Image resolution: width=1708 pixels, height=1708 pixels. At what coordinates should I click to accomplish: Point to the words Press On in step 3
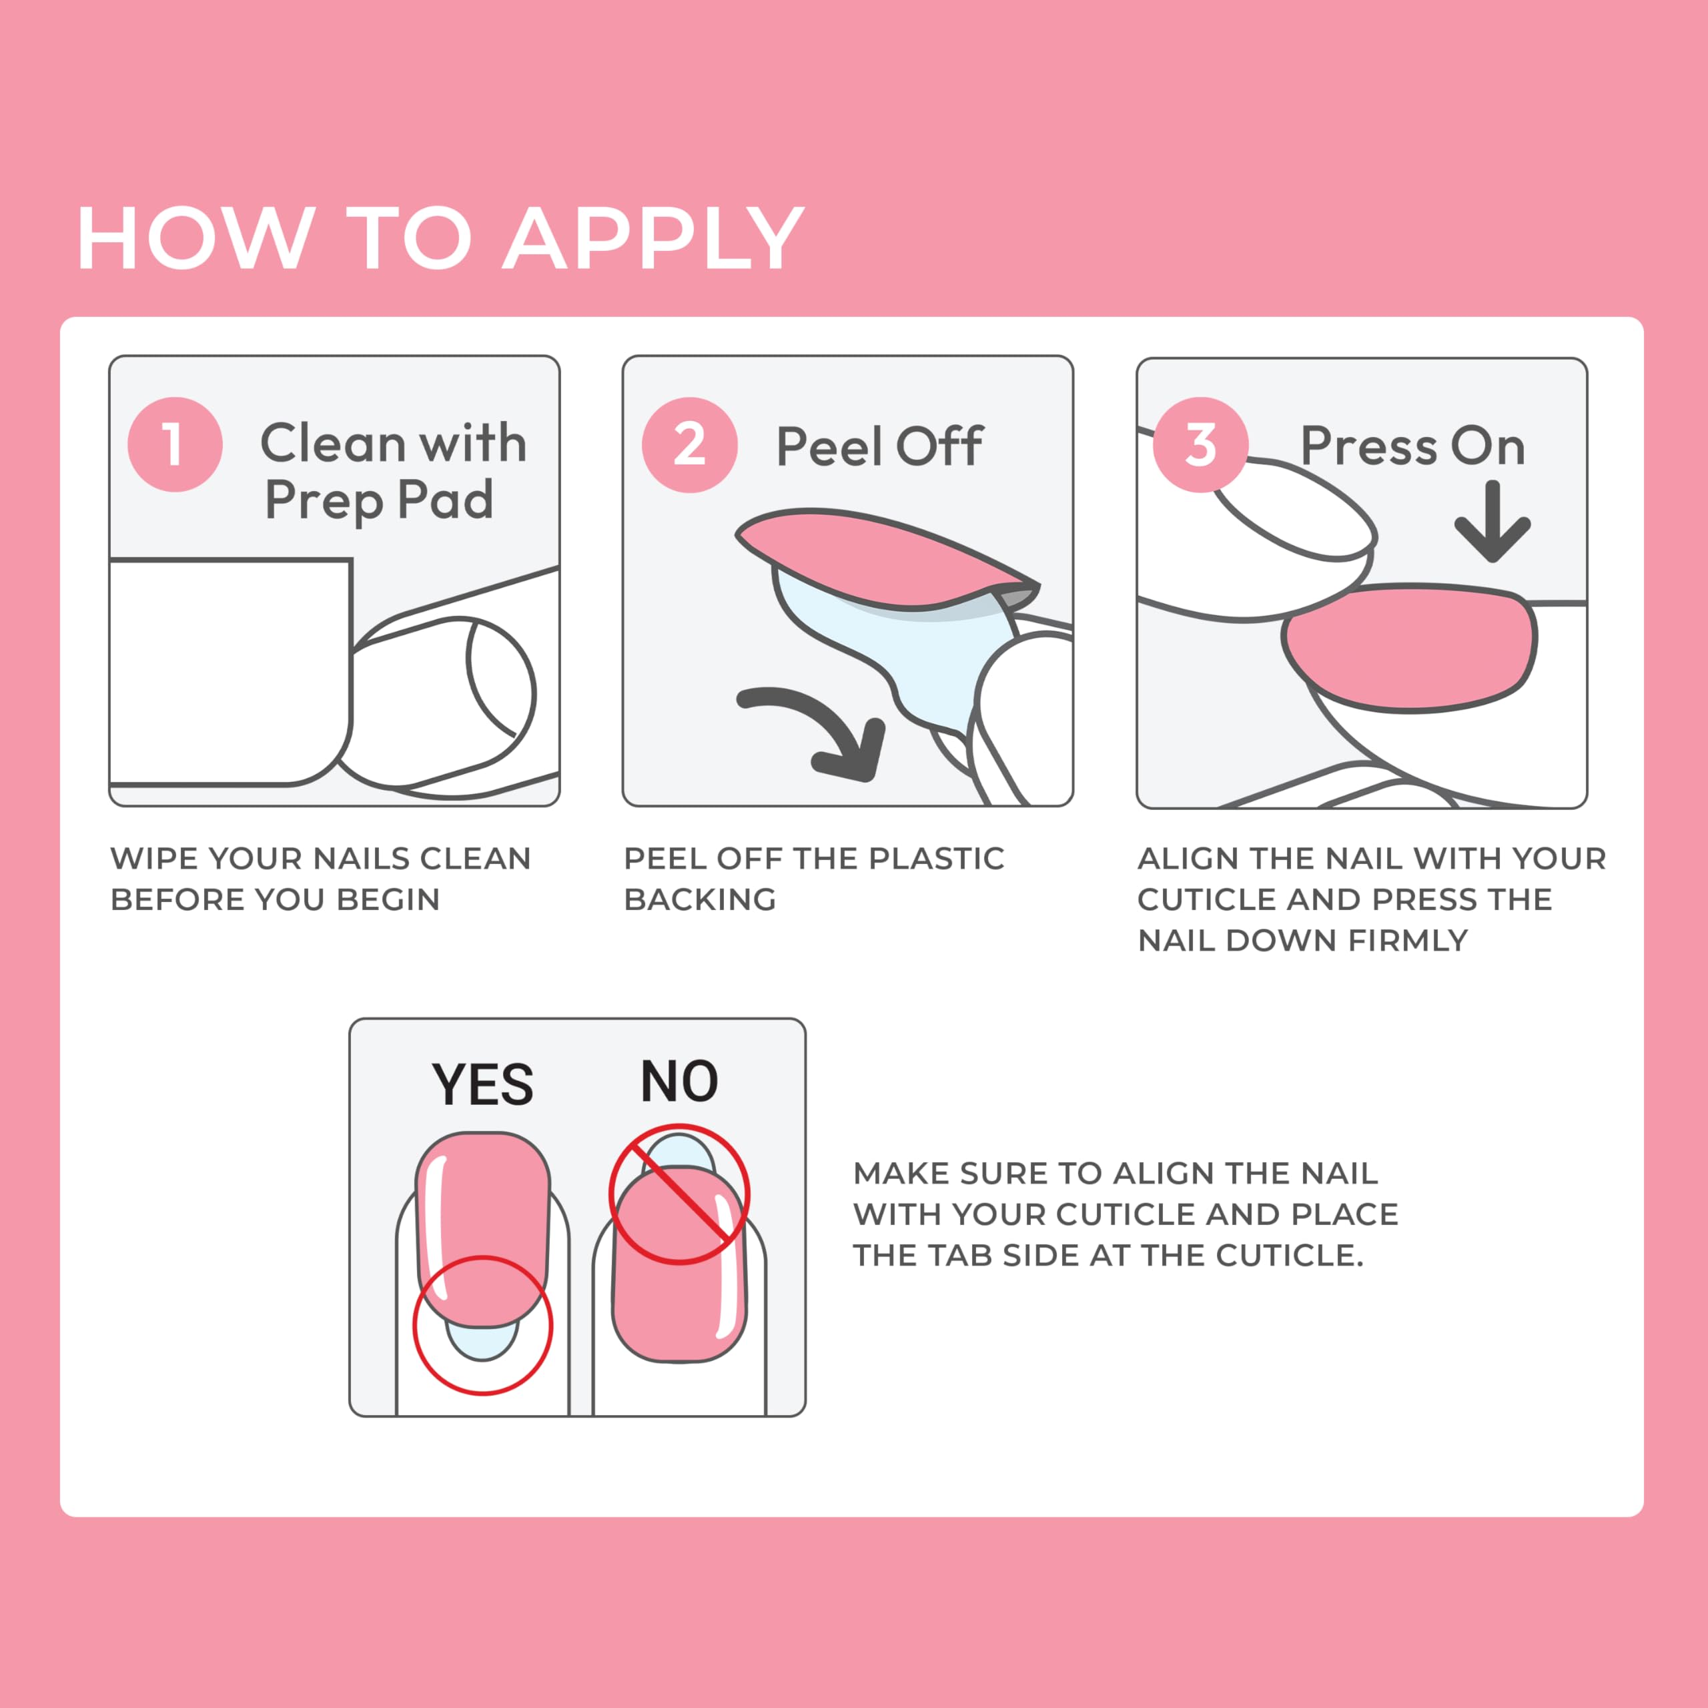(x=1412, y=446)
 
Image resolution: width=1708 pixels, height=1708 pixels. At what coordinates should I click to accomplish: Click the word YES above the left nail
(x=482, y=1085)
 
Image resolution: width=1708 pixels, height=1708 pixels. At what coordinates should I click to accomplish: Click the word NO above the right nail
(x=679, y=1082)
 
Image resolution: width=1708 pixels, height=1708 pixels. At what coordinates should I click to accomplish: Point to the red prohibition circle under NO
(x=679, y=1194)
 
